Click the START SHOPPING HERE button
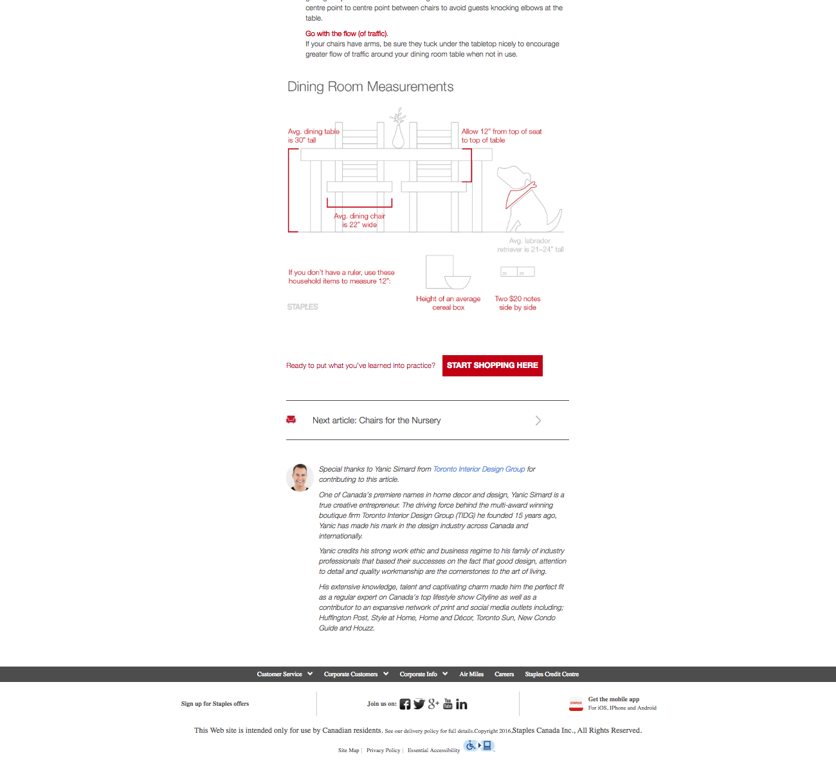(x=492, y=365)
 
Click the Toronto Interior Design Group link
(x=479, y=469)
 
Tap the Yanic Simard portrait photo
(x=300, y=477)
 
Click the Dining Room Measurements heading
(x=370, y=87)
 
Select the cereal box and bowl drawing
(x=448, y=273)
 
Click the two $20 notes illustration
(x=518, y=272)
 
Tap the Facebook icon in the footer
(x=405, y=704)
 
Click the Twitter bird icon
(x=419, y=704)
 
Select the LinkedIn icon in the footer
(x=462, y=705)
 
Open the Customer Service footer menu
(x=284, y=674)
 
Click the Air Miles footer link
(x=471, y=674)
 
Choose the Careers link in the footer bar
(x=504, y=674)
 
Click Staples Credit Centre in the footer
(x=552, y=674)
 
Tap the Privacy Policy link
(x=383, y=750)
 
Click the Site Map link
(x=349, y=750)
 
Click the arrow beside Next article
(x=538, y=420)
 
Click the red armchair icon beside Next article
(x=291, y=419)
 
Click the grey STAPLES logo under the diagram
(x=303, y=307)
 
